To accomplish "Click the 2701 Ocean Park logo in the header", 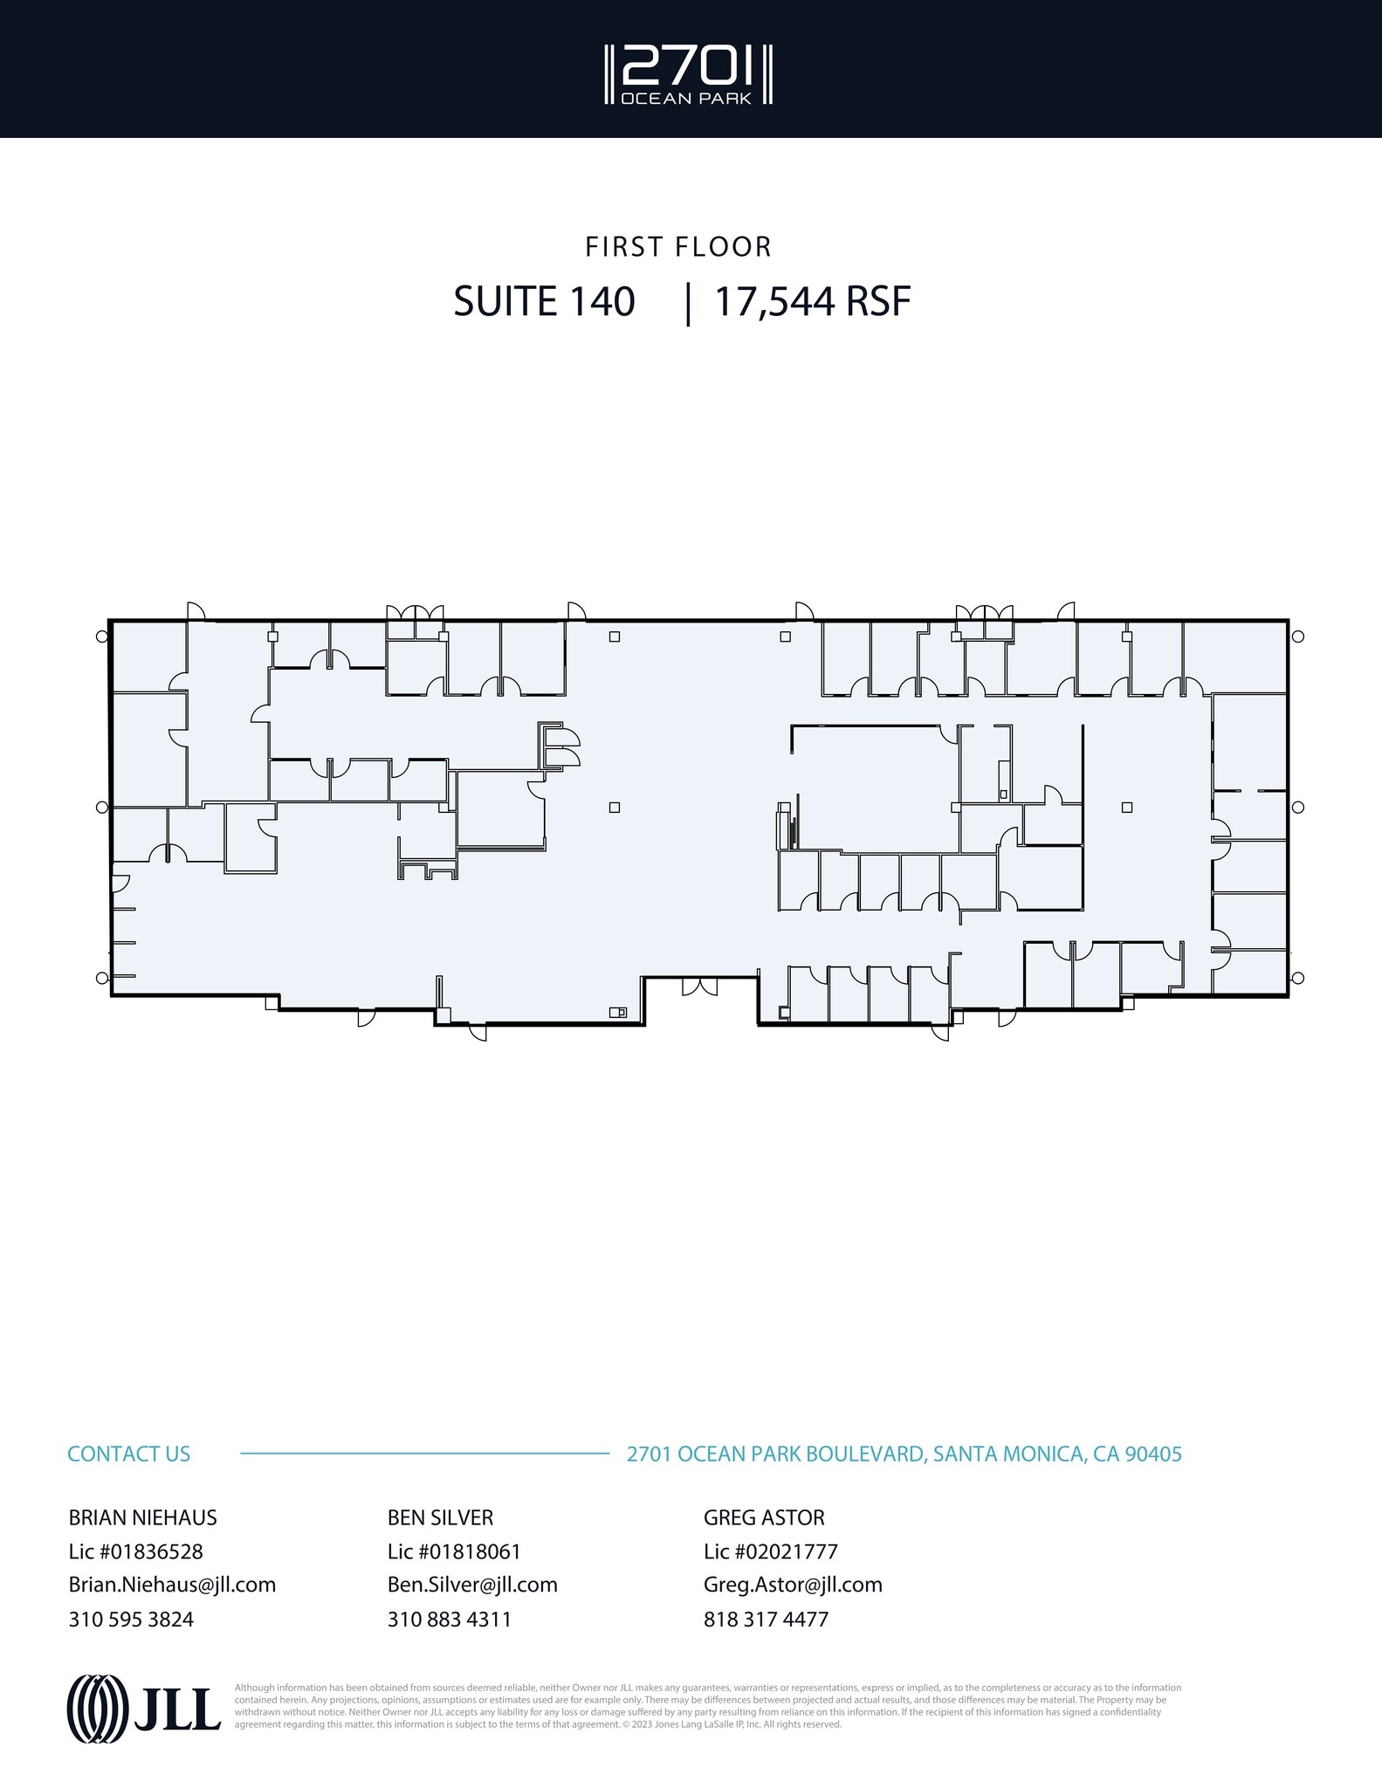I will point(690,75).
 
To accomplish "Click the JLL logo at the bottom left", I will point(144,1709).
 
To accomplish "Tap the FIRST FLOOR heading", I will point(678,247).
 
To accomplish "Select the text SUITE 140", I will point(544,302).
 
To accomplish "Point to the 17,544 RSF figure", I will point(813,302).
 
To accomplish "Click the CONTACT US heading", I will point(128,1454).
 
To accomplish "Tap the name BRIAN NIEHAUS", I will point(142,1517).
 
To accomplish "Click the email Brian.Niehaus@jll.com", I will point(172,1585).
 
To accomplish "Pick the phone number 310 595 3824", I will point(131,1619).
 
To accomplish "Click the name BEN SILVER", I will point(440,1517).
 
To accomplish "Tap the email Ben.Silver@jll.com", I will point(472,1585).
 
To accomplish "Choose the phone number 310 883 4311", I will point(449,1619).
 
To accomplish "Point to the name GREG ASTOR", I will point(764,1517).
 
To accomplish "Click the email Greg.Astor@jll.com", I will point(793,1585).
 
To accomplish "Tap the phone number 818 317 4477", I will point(766,1619).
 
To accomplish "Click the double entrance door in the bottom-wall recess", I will point(699,987).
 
